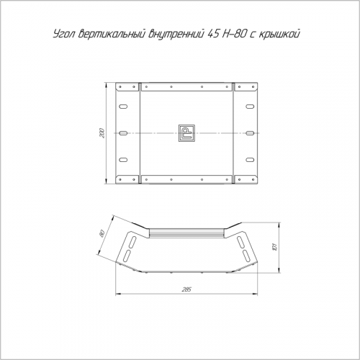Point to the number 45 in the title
[x=212, y=34]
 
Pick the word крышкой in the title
[x=279, y=35]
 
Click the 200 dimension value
[x=103, y=133]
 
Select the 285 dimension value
[x=186, y=289]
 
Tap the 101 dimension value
[x=275, y=247]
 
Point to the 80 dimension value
[x=102, y=233]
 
